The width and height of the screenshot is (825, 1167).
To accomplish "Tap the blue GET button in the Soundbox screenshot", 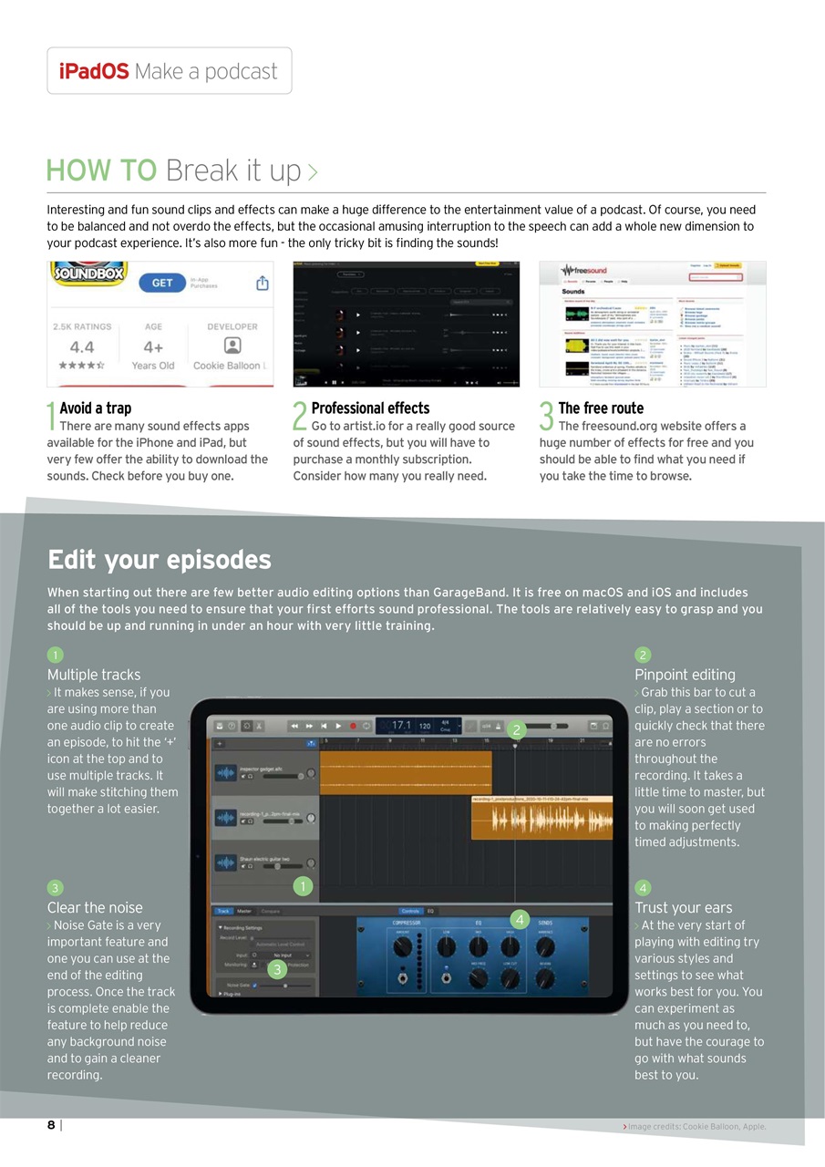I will [x=162, y=283].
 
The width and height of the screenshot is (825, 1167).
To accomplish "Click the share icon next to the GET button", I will [x=263, y=283].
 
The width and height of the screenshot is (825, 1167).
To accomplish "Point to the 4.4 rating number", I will [x=81, y=346].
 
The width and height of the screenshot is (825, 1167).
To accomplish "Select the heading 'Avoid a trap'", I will [x=95, y=408].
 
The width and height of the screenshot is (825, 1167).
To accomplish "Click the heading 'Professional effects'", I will [x=370, y=408].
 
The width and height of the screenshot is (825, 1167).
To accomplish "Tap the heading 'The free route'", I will [x=601, y=408].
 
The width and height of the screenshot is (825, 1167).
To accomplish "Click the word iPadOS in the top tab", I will [x=94, y=71].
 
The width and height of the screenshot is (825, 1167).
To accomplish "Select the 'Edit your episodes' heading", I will [x=159, y=559].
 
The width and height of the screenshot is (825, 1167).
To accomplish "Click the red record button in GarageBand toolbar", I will [x=353, y=726].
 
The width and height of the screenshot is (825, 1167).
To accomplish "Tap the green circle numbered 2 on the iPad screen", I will [x=516, y=729].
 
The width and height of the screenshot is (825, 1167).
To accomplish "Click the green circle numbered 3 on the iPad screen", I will [x=277, y=968].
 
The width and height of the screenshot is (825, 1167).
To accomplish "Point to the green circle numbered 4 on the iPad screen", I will [x=520, y=918].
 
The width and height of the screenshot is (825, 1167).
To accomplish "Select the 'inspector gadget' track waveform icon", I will [x=226, y=773].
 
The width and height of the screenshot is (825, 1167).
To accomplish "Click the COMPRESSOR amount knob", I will [x=402, y=948].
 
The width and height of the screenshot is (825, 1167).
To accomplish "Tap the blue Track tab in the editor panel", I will [x=223, y=911].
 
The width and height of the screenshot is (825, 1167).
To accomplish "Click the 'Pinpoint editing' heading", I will [x=685, y=675].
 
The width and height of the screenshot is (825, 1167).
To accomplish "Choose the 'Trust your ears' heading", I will [x=683, y=907].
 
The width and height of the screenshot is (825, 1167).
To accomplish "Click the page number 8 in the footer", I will [x=52, y=1125].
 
